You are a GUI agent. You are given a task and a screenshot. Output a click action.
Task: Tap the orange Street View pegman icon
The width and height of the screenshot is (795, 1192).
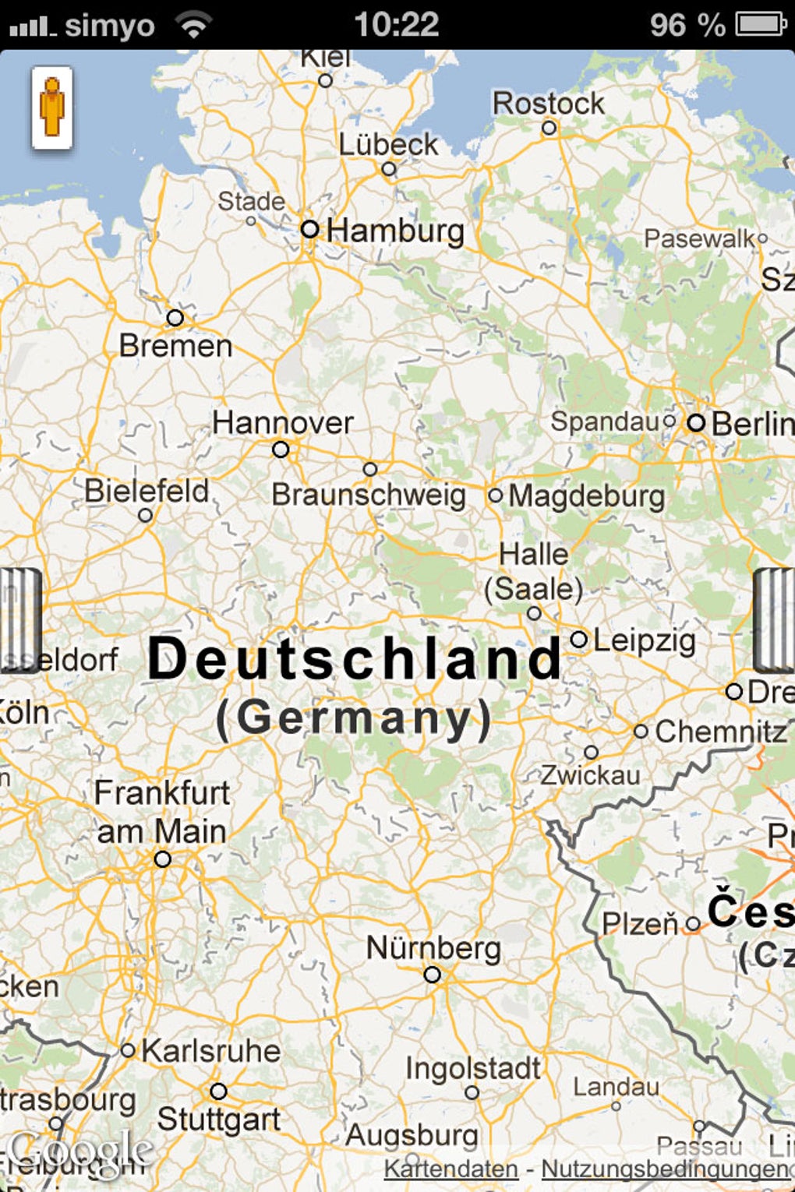52,108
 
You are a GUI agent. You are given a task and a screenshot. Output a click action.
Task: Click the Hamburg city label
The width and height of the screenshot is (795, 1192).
395,231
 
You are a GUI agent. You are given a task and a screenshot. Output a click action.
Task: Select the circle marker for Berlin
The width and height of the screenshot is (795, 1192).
696,423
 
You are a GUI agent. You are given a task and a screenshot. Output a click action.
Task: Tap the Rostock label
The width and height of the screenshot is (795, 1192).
548,104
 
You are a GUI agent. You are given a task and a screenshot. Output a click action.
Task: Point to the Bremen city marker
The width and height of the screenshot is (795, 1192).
175,318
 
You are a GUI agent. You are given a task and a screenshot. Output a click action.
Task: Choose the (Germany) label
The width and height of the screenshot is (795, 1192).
354,718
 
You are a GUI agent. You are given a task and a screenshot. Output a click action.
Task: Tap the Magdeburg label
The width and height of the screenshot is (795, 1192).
587,496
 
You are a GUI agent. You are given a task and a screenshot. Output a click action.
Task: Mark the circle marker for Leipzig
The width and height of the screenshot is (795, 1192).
579,640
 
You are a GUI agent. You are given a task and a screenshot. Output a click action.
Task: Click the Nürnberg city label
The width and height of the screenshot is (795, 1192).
433,948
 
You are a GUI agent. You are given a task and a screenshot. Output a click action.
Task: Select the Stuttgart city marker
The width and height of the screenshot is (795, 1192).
219,1091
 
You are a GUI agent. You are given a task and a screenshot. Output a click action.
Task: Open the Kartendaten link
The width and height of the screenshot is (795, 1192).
451,1169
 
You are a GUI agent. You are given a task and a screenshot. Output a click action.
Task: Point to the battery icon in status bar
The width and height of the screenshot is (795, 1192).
761,24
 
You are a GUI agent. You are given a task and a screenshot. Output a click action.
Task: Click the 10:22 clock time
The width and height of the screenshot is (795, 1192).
397,24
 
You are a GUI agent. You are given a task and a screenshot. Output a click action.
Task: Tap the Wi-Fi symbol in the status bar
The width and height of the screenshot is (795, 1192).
193,25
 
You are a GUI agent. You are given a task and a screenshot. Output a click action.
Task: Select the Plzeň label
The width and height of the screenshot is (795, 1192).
640,925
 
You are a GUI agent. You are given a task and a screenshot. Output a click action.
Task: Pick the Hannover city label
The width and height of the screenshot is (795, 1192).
283,423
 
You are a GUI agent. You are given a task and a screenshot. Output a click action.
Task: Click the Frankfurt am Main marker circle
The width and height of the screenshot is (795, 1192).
162,859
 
